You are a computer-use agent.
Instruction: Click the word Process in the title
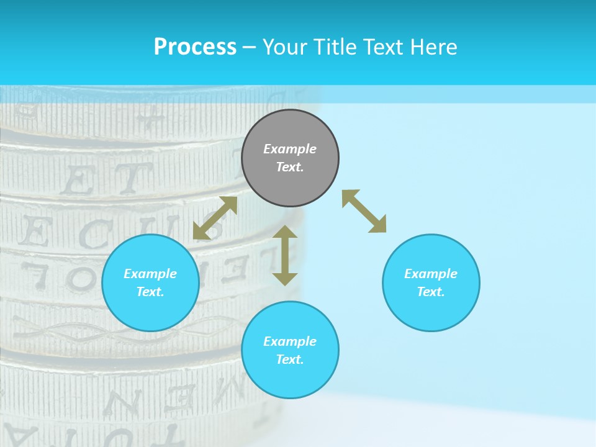pyautogui.click(x=195, y=47)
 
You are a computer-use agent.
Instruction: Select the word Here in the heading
pyautogui.click(x=434, y=47)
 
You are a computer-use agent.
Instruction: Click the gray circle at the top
pyautogui.click(x=290, y=158)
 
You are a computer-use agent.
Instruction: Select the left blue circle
pyautogui.click(x=150, y=282)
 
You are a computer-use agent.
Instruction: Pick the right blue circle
pyautogui.click(x=431, y=282)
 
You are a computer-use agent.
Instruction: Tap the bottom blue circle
pyautogui.click(x=290, y=350)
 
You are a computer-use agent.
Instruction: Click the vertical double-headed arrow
pyautogui.click(x=285, y=255)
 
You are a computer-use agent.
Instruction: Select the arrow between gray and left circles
pyautogui.click(x=215, y=218)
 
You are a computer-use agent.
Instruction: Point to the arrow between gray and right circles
pyautogui.click(x=364, y=211)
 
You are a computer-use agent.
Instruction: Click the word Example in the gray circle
pyautogui.click(x=290, y=149)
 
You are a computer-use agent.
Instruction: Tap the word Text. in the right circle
pyautogui.click(x=431, y=292)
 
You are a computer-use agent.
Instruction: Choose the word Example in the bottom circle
pyautogui.click(x=290, y=341)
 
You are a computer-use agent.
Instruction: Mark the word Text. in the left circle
pyautogui.click(x=150, y=292)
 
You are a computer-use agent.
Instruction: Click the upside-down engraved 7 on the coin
pyautogui.click(x=35, y=274)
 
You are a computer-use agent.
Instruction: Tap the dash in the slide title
pyautogui.click(x=249, y=47)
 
